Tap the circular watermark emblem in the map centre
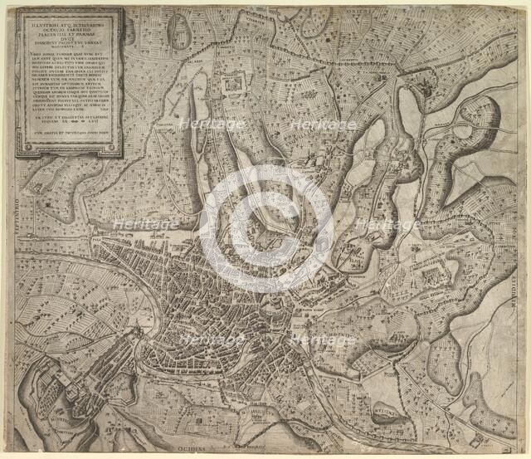tap(265, 229)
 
